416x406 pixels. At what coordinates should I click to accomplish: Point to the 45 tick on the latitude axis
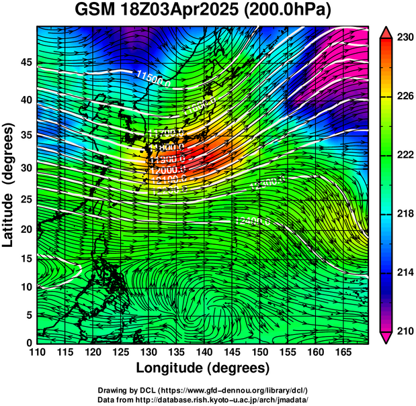click(x=25, y=62)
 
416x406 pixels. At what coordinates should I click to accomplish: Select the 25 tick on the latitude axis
click(x=25, y=200)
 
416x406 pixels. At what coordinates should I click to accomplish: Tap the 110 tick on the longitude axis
click(x=37, y=352)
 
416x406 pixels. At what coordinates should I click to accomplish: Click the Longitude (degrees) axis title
click(x=203, y=368)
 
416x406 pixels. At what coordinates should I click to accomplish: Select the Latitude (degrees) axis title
click(x=9, y=185)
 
